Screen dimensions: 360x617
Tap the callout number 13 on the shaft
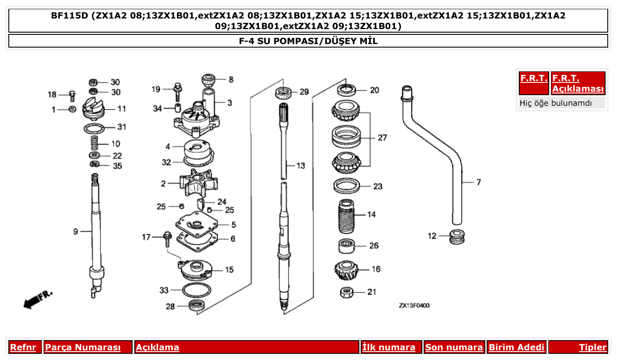point(300,166)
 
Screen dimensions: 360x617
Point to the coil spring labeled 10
point(94,144)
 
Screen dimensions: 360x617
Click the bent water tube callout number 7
point(478,182)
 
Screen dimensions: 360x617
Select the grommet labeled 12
point(458,236)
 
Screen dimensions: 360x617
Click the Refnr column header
point(23,347)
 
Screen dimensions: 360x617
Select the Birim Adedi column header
point(517,347)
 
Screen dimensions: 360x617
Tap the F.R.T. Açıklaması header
point(578,83)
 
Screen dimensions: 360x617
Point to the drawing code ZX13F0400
point(414,305)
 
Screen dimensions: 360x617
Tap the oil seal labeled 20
point(347,90)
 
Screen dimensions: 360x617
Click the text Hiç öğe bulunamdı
point(555,103)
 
